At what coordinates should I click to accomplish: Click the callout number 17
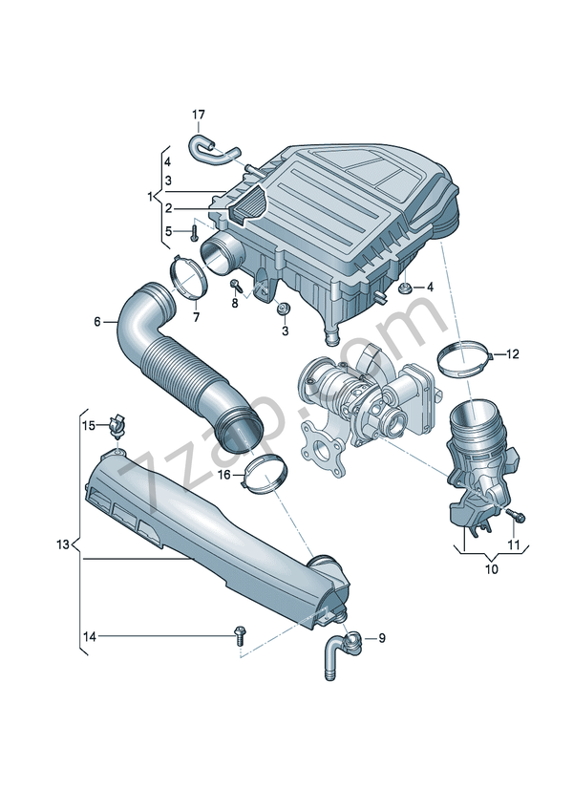pyautogui.click(x=198, y=116)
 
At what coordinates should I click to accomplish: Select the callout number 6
pyautogui.click(x=97, y=322)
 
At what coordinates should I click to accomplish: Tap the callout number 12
pyautogui.click(x=512, y=354)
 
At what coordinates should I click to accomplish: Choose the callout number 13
pyautogui.click(x=63, y=544)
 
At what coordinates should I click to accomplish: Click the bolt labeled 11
pyautogui.click(x=518, y=516)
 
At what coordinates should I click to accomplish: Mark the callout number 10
pyautogui.click(x=493, y=569)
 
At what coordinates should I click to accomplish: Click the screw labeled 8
pyautogui.click(x=235, y=285)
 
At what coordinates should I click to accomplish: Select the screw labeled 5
pyautogui.click(x=195, y=231)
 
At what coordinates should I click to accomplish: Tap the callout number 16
pyautogui.click(x=223, y=475)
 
